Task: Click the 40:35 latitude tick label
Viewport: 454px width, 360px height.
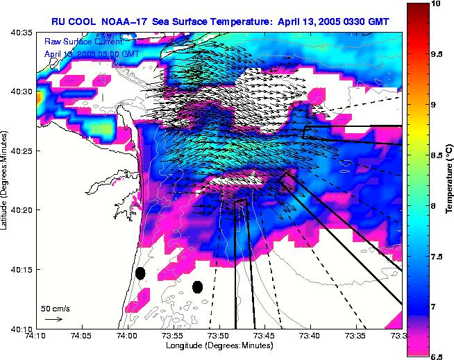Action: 21,33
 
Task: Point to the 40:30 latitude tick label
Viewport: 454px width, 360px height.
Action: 21,92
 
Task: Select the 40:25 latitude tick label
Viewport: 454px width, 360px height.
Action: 21,151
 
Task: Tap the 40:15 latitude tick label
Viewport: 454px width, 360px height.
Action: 21,269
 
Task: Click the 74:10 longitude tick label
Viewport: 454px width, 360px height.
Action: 36,336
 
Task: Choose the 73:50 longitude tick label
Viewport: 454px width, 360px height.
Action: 219,336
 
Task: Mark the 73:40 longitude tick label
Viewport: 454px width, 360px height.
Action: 310,336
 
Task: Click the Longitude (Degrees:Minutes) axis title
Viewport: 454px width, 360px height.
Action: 219,345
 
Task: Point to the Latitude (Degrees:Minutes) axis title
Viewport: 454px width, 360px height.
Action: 6,180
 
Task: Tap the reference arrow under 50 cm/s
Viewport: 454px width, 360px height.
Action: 53,319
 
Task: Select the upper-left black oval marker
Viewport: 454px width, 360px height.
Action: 140,273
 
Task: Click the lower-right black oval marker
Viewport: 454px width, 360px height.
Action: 197,286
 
